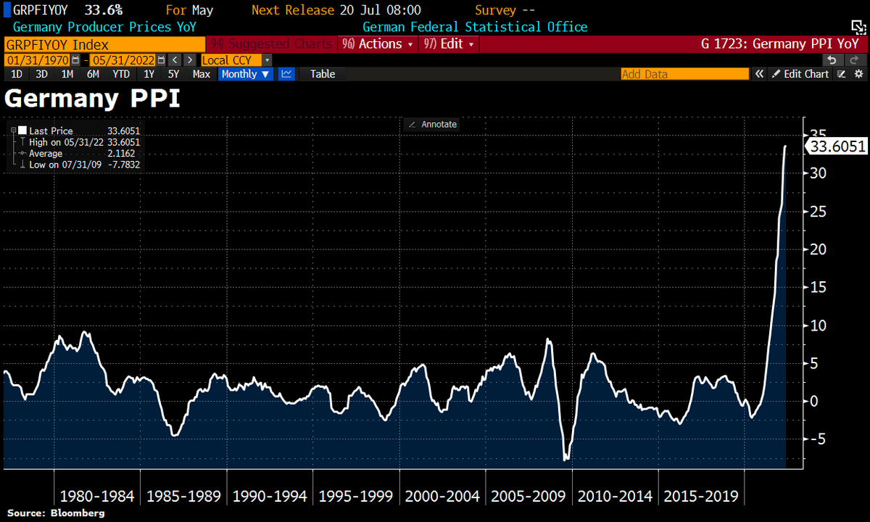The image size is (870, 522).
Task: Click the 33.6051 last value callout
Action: click(x=837, y=146)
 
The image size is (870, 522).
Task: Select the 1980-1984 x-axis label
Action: click(x=97, y=497)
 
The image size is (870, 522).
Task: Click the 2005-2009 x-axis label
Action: click(x=529, y=497)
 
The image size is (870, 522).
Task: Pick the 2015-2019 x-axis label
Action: click(x=700, y=497)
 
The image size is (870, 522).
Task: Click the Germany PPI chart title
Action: click(x=92, y=99)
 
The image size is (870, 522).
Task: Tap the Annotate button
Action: click(x=433, y=124)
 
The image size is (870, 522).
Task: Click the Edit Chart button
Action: click(x=800, y=74)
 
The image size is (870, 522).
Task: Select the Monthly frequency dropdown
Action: click(x=246, y=74)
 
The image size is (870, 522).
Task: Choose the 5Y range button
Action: click(x=173, y=74)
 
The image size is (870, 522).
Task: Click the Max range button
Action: click(x=201, y=74)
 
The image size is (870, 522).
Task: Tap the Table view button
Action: click(x=323, y=74)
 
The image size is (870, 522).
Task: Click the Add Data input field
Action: click(x=684, y=74)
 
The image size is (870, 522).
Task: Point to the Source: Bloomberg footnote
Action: click(x=56, y=513)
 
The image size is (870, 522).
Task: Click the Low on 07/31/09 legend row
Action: click(x=83, y=165)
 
